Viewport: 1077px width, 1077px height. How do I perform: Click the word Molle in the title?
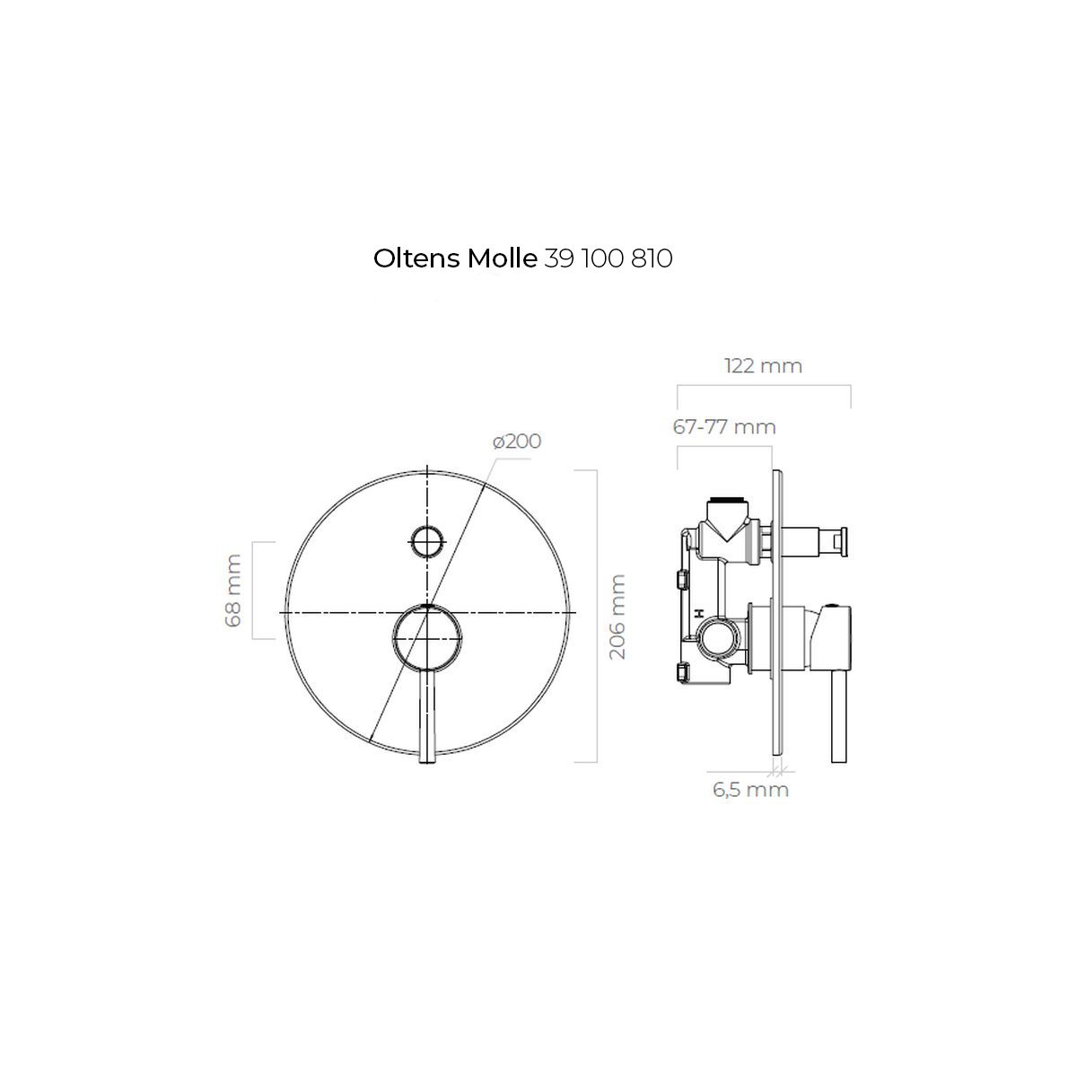click(x=502, y=258)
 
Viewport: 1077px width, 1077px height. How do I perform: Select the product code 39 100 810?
click(x=609, y=258)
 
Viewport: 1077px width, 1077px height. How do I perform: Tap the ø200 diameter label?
click(x=517, y=441)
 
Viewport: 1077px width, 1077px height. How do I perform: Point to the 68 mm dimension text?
click(x=233, y=591)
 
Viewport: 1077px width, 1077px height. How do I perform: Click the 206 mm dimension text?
click(x=617, y=617)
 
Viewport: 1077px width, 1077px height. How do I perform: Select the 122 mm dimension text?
click(x=763, y=365)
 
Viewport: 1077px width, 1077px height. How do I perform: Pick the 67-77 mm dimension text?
click(x=724, y=427)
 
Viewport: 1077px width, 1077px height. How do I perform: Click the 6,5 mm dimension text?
click(x=750, y=790)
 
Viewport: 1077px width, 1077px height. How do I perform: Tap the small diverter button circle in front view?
click(x=427, y=540)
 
